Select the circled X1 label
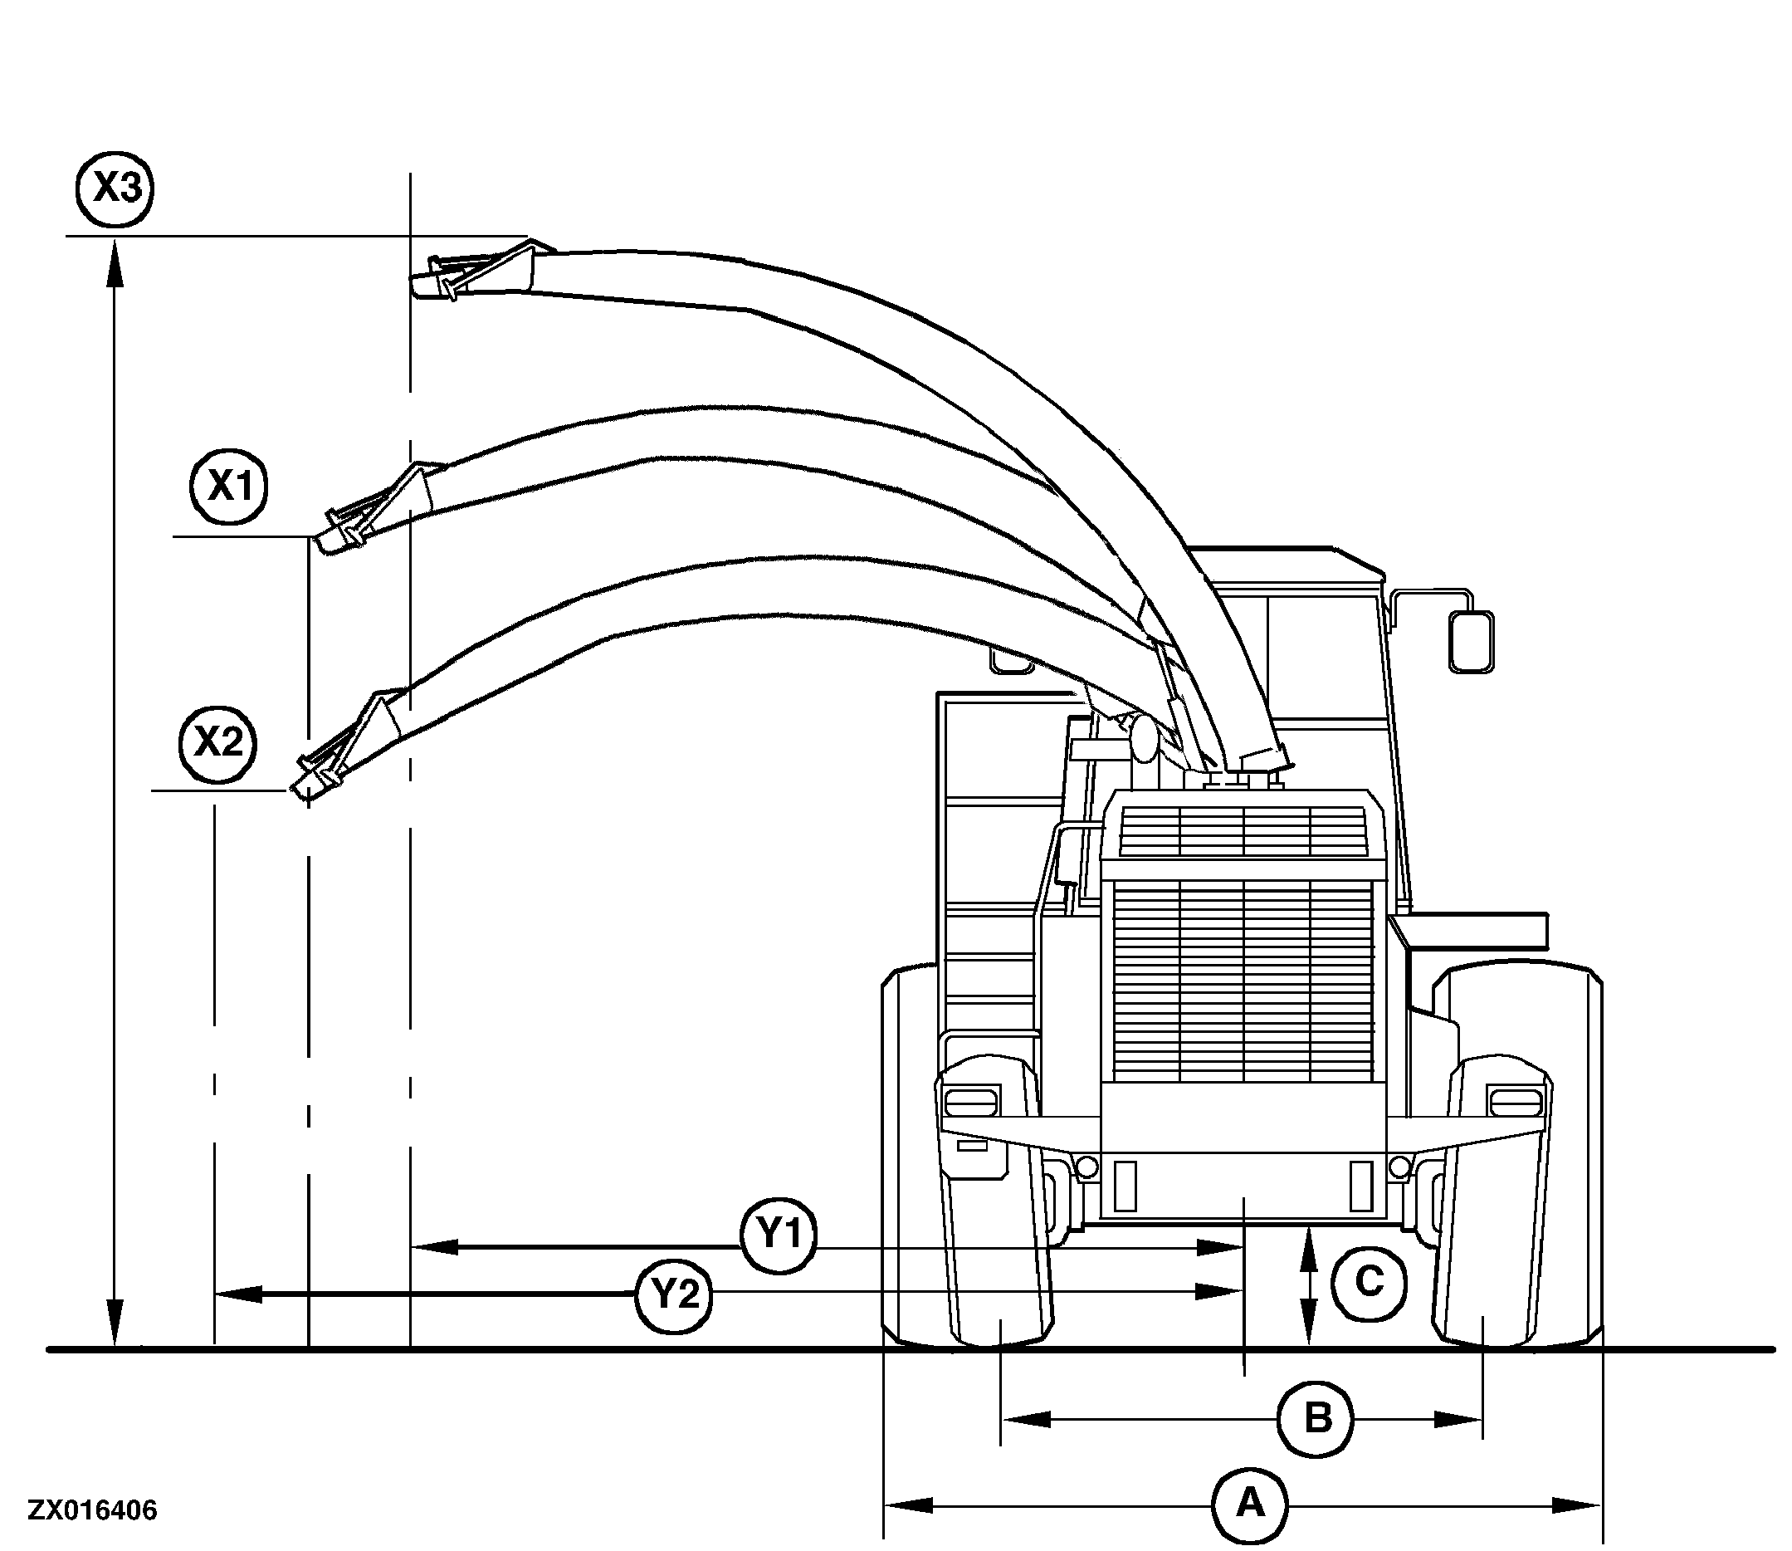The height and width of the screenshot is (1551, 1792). pos(228,487)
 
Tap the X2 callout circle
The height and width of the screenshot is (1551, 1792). pos(217,742)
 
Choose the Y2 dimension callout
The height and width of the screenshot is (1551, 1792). pos(674,1294)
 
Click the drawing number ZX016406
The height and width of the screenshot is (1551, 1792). pos(93,1511)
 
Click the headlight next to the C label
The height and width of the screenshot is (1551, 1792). pos(1515,1103)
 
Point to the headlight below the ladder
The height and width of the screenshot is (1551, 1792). pos(971,1103)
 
